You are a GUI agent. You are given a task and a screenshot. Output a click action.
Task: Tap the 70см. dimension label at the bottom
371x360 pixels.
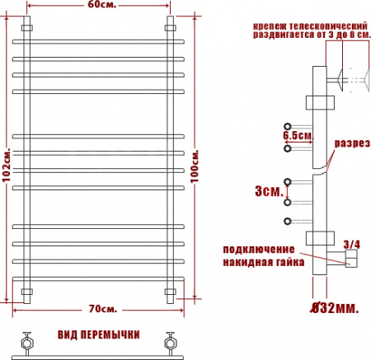(x=103, y=309)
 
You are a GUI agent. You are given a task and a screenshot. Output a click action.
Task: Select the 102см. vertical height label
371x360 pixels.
(x=6, y=165)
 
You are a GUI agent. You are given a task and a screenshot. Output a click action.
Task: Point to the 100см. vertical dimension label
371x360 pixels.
(x=195, y=166)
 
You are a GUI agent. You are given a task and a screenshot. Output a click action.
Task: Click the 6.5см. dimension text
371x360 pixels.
(x=298, y=135)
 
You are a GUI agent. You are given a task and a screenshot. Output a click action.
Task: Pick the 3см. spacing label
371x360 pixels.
(x=269, y=191)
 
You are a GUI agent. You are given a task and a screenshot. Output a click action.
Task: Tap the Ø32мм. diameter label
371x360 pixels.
(x=335, y=308)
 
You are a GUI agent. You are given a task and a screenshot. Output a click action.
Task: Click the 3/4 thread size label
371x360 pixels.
(x=352, y=245)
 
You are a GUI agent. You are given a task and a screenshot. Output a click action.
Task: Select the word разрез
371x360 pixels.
(x=352, y=143)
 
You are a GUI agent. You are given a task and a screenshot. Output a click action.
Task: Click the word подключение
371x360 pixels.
(x=259, y=250)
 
